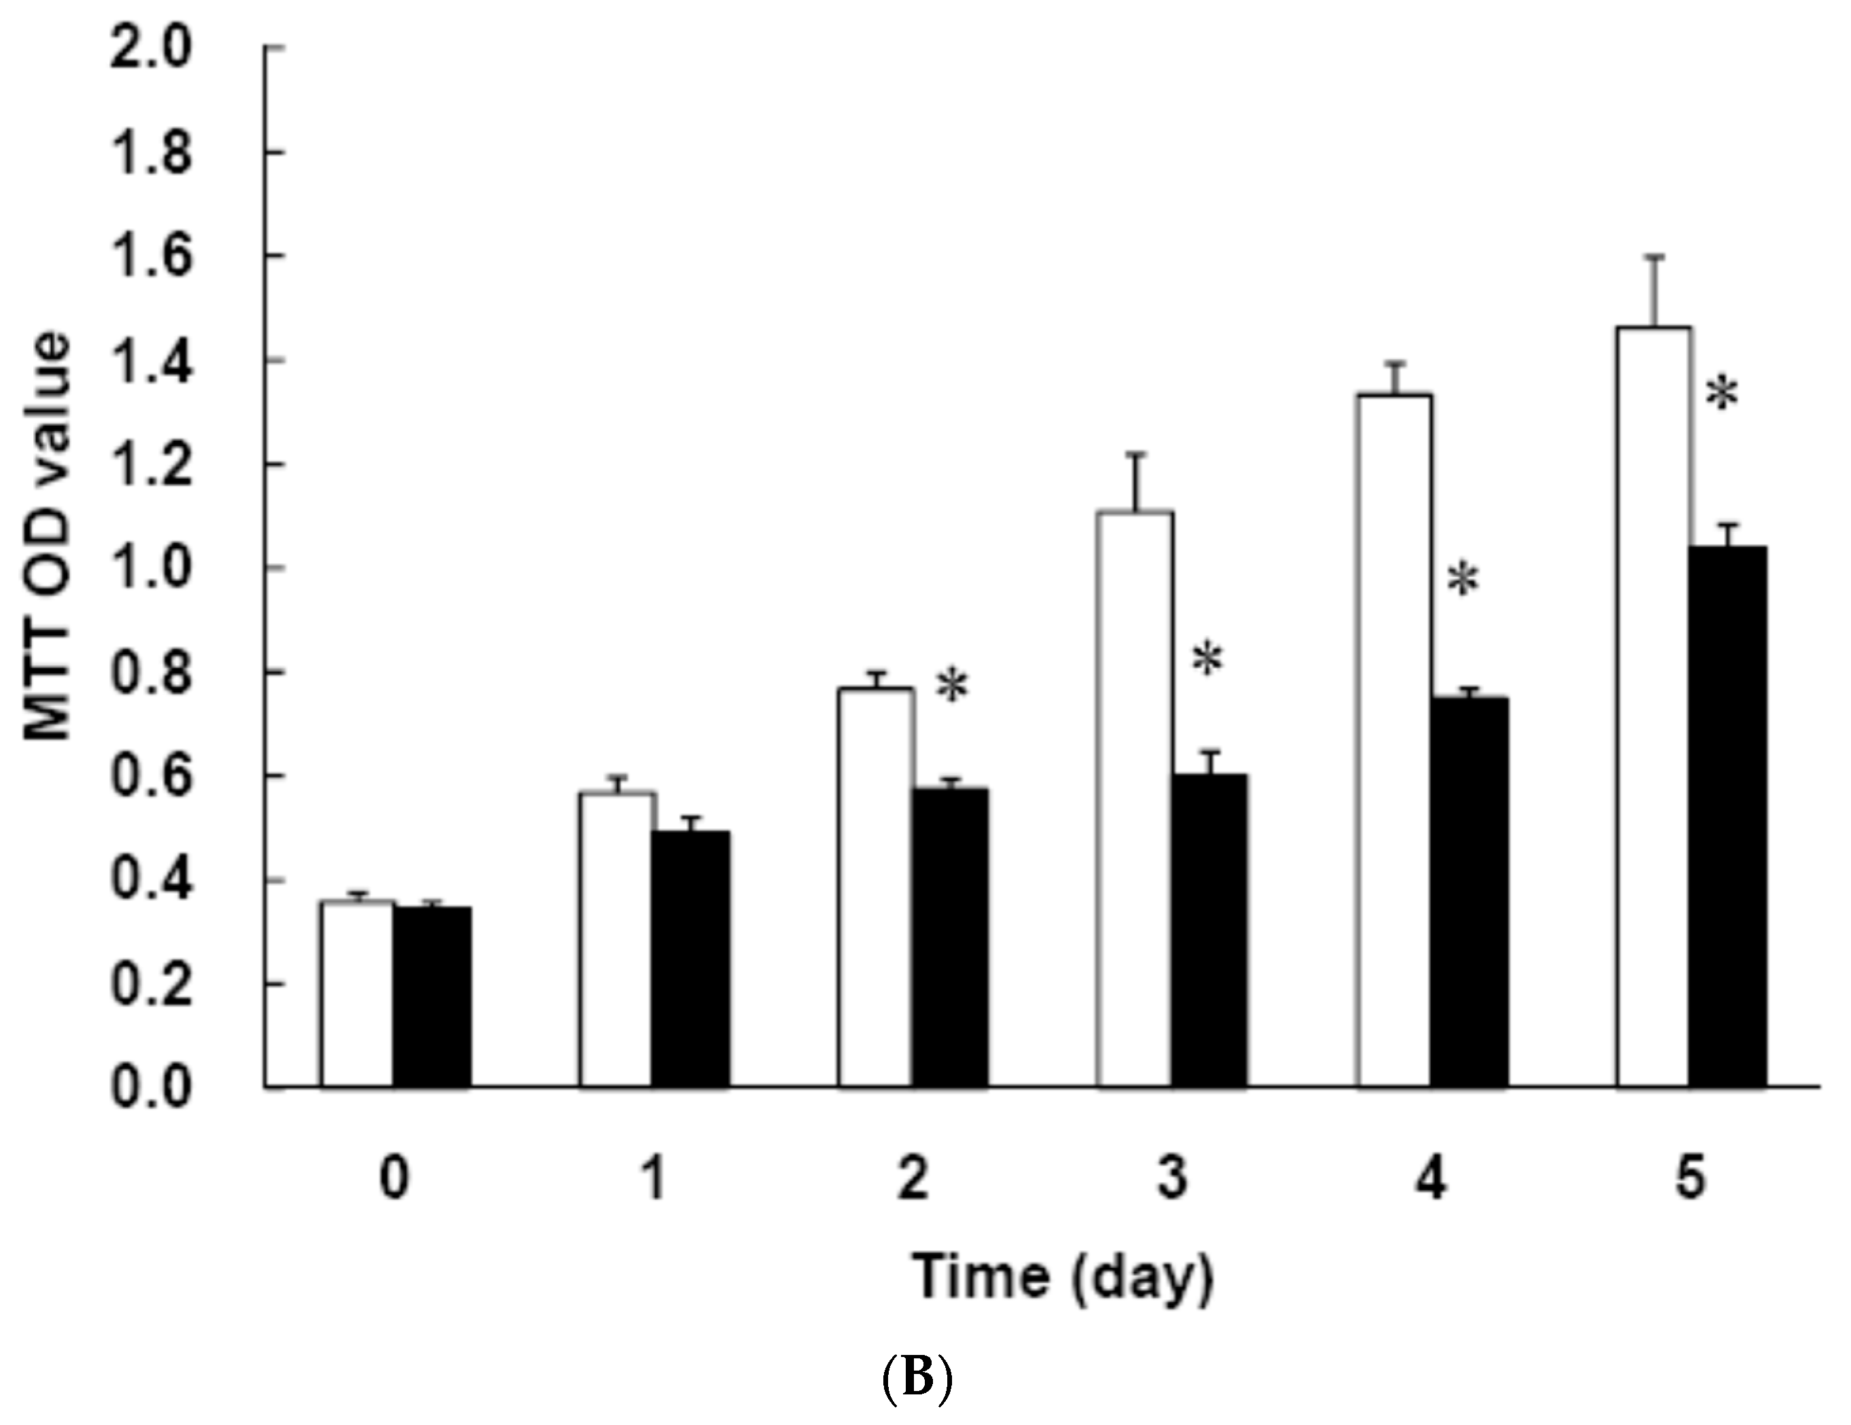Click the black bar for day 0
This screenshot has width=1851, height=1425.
point(431,996)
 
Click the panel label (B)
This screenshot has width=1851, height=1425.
point(918,1378)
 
